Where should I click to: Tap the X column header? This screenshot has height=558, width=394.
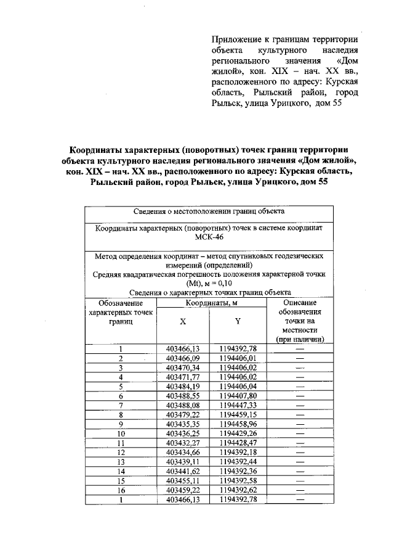(x=183, y=322)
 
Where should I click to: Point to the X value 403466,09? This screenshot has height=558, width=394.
(x=183, y=358)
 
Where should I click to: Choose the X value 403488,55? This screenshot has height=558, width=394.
(x=183, y=396)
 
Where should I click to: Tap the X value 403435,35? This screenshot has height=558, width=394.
(x=183, y=424)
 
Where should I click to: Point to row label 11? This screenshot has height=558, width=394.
(x=121, y=443)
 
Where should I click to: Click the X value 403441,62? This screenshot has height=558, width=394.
(x=183, y=471)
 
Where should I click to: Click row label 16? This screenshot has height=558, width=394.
(x=121, y=490)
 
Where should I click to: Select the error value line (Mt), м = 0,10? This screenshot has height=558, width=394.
(x=209, y=284)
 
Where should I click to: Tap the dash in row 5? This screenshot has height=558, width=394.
(x=300, y=387)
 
